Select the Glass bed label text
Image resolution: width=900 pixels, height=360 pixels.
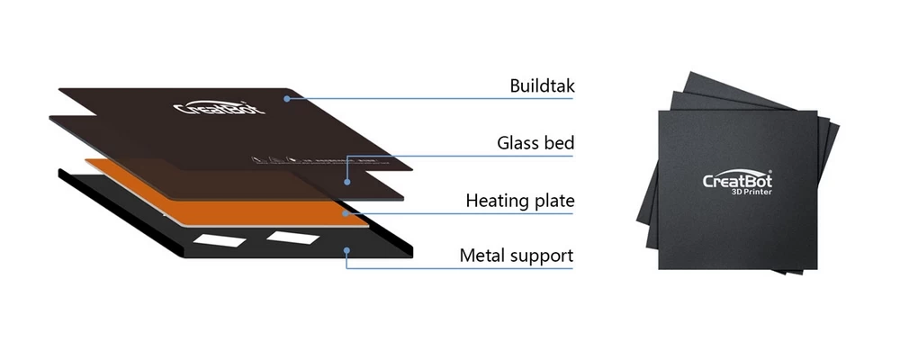(535, 142)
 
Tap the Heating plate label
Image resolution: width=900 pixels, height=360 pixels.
(519, 199)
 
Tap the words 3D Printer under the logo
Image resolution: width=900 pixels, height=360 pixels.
(752, 192)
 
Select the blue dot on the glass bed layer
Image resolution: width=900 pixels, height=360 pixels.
(346, 180)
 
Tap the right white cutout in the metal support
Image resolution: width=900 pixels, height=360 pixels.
(290, 237)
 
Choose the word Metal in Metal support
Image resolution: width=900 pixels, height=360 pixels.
(481, 256)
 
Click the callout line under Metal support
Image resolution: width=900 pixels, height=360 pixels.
(459, 267)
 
